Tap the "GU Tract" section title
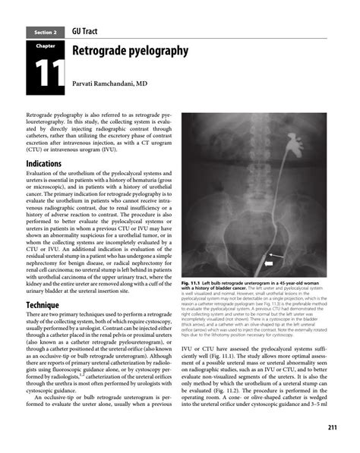tap(89, 30)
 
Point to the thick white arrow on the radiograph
tap(268, 263)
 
